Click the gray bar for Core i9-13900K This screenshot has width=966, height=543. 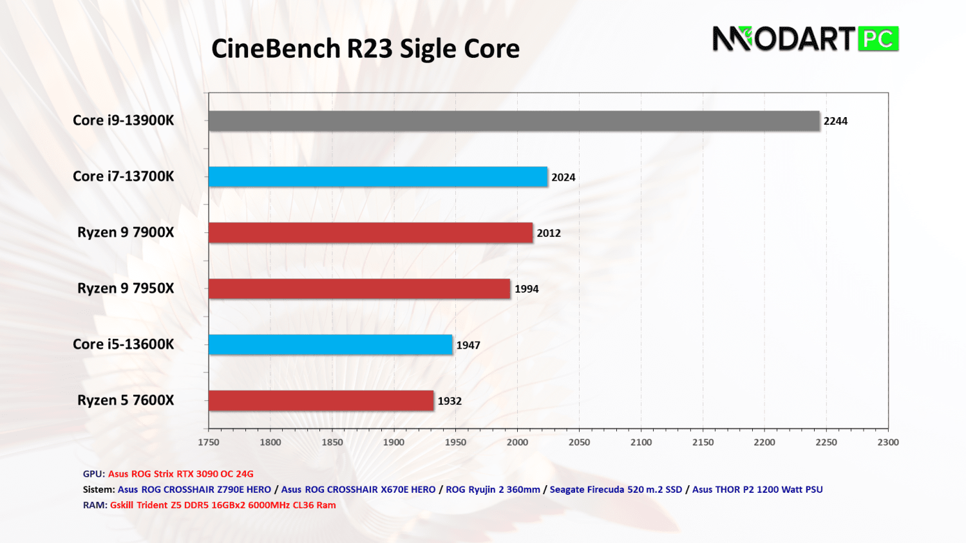[514, 121]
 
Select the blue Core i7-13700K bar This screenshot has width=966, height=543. [378, 177]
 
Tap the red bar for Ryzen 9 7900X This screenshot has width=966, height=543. [370, 233]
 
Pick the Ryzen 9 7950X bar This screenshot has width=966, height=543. [359, 289]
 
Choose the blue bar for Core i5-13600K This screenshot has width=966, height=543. [330, 345]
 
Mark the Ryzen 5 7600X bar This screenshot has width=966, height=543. [321, 401]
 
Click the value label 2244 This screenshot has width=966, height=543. [835, 121]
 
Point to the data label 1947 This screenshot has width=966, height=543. [468, 345]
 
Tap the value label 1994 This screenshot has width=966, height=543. [526, 290]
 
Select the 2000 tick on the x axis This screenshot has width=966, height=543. [517, 443]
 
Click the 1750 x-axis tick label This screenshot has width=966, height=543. [209, 443]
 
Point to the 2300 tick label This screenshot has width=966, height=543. [888, 443]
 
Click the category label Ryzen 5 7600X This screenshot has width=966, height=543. [126, 400]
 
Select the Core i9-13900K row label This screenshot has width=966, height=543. [123, 120]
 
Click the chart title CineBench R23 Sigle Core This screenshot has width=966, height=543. [365, 49]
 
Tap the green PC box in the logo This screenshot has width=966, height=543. [878, 39]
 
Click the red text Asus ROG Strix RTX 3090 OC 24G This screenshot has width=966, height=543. [181, 474]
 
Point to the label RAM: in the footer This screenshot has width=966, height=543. [95, 505]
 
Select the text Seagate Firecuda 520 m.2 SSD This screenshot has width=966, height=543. [616, 490]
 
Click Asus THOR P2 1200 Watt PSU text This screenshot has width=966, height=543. [757, 490]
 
